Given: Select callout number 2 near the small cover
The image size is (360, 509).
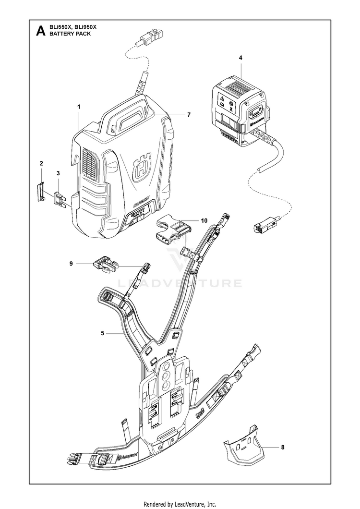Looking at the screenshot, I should click(x=41, y=164).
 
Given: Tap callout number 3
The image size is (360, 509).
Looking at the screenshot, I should click(x=58, y=172).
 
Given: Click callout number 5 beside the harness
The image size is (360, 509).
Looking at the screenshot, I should click(x=103, y=333).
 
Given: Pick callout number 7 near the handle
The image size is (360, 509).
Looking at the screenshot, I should click(x=189, y=115).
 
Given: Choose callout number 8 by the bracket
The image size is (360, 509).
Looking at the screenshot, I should click(x=282, y=447).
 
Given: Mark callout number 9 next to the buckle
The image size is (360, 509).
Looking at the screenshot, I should click(x=71, y=263).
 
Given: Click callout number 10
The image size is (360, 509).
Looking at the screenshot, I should click(x=204, y=221).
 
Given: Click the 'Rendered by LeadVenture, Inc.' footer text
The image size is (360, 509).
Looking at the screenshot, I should click(x=180, y=504).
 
